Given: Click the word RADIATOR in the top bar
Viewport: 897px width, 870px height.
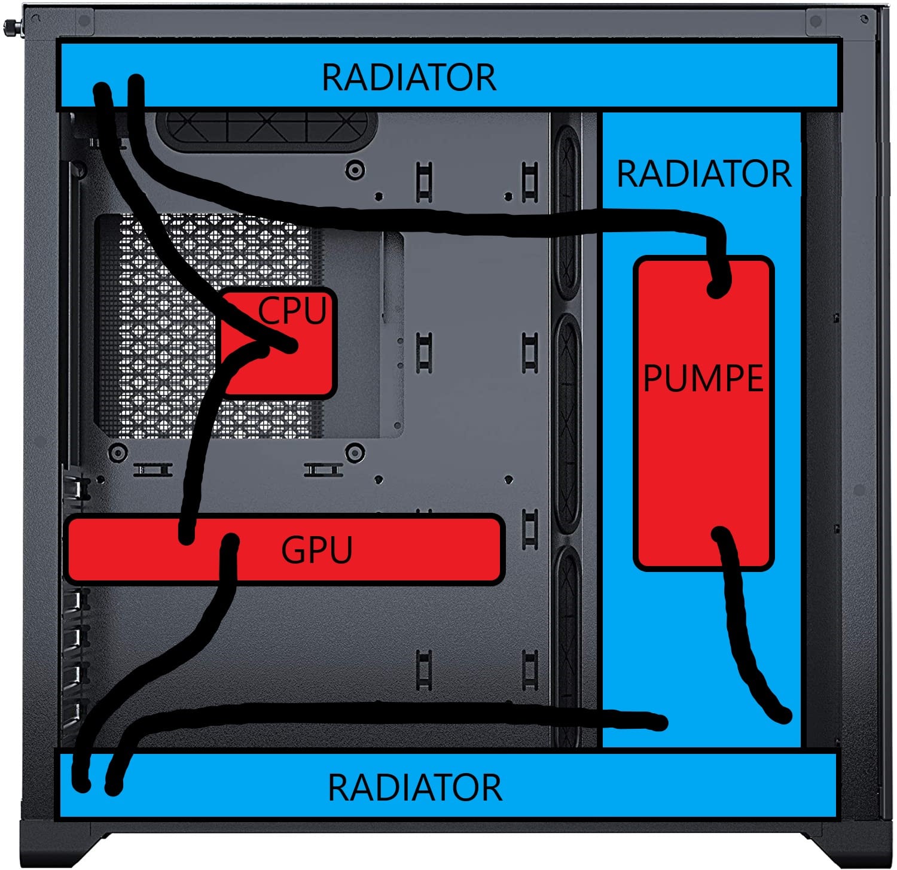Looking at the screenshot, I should pos(409,78).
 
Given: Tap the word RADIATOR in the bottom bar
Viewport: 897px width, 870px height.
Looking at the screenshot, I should pos(415,787).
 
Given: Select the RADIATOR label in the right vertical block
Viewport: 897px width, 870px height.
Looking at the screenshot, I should pos(704,174).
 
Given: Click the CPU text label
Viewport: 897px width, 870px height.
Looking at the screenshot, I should pos(292,311).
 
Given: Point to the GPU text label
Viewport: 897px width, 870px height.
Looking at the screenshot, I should pos(316,550).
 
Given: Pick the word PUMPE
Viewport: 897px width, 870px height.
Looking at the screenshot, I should pos(703,378).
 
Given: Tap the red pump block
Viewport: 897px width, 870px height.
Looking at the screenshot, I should pos(703,455).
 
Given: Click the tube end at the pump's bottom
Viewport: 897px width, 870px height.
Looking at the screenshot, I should pos(721,534).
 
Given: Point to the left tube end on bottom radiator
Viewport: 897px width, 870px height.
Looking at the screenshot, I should pos(81,783).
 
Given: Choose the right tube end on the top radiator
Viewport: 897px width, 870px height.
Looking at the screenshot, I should pos(136,83).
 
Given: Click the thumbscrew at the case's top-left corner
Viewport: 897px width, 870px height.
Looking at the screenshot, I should pos(11,27).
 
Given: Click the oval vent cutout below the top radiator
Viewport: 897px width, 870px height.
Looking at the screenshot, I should pos(266,129).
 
